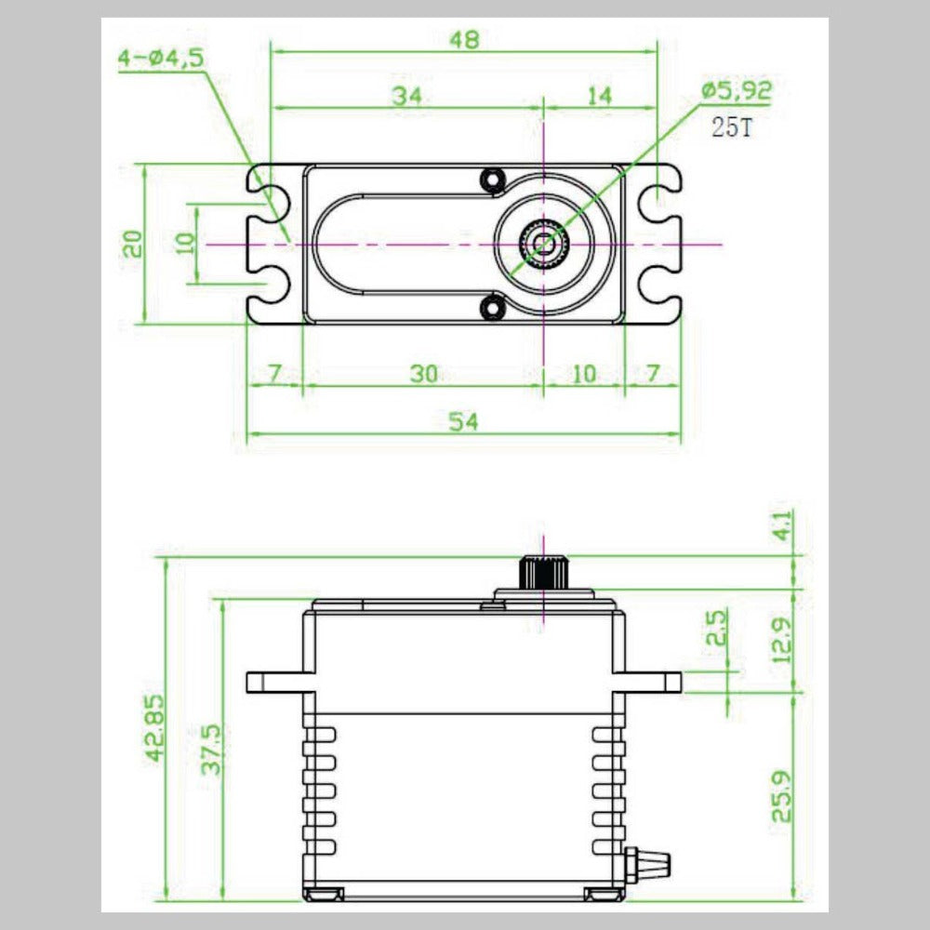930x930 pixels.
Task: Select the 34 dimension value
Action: [x=405, y=95]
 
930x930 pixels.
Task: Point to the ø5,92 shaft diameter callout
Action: [x=737, y=90]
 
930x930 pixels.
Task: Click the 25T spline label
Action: [x=732, y=127]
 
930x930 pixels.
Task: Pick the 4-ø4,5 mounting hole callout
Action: [x=160, y=59]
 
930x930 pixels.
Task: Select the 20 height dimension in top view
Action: [x=133, y=244]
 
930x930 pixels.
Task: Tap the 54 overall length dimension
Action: [x=463, y=421]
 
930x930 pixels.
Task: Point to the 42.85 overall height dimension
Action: [x=155, y=728]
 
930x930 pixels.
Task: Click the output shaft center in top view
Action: [x=542, y=244]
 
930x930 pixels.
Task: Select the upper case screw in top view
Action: [x=491, y=178]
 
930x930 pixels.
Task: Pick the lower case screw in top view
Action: [x=491, y=308]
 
